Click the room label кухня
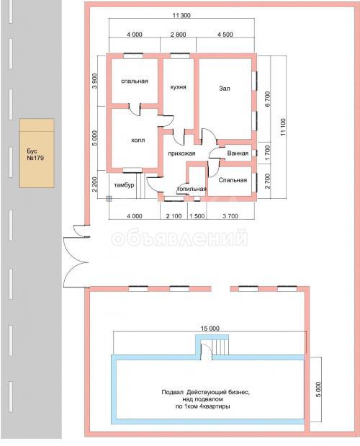[178, 87]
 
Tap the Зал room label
[225, 89]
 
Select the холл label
[138, 141]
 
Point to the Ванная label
[238, 153]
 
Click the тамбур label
[124, 185]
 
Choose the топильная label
[192, 189]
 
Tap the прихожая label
[181, 153]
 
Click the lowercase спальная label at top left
[135, 81]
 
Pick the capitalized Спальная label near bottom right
[233, 180]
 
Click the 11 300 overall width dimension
[181, 15]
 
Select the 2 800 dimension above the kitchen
[178, 35]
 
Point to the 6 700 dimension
[268, 99]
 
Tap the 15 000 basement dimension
[210, 329]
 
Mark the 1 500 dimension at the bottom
[197, 216]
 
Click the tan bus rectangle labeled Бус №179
[37, 153]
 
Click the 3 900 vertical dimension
[94, 81]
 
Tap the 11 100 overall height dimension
[283, 127]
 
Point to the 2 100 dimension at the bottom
[174, 216]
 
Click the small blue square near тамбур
[109, 199]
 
